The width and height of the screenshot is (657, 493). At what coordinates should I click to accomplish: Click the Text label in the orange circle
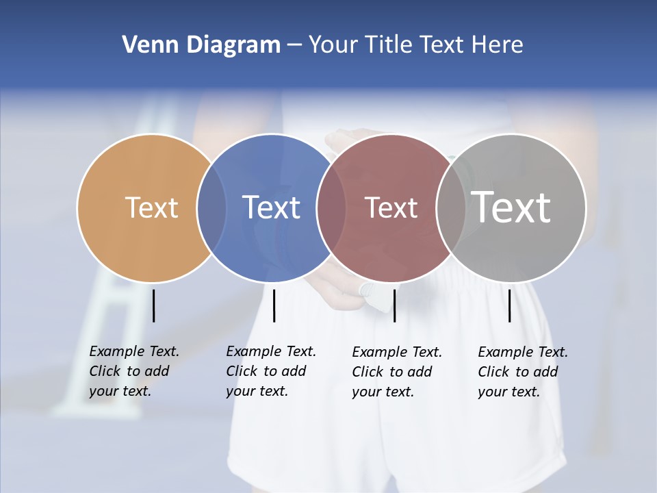(x=151, y=207)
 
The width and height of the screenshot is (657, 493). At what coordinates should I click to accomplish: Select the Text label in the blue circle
(x=271, y=207)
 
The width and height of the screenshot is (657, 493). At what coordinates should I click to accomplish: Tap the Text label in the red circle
(x=391, y=208)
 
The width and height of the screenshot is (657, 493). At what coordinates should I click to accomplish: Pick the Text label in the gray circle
(x=511, y=207)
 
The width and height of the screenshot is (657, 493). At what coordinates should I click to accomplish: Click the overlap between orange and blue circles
(x=211, y=208)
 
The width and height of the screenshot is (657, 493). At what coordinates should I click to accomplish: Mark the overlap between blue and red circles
(x=331, y=208)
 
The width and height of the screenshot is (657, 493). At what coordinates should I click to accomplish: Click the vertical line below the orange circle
(x=153, y=305)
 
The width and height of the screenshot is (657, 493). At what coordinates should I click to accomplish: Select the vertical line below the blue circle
(x=274, y=305)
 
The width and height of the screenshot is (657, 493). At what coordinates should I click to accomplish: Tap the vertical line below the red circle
(x=394, y=305)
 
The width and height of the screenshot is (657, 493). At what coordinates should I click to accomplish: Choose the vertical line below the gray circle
(x=510, y=305)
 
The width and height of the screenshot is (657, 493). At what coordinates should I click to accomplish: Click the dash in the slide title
(x=294, y=46)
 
